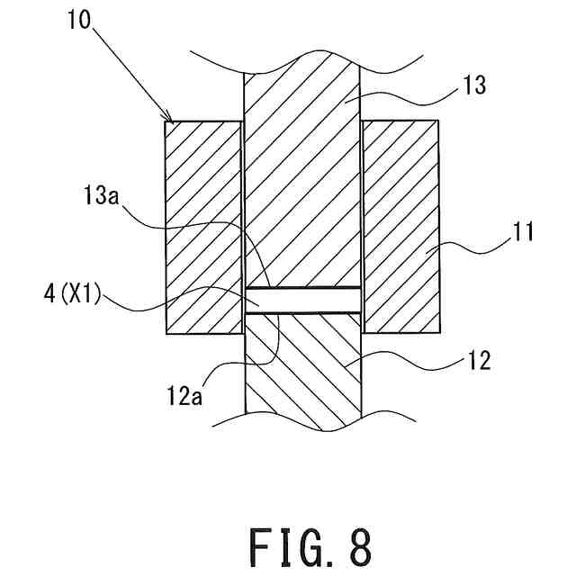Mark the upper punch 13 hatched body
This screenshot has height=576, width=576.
[x=302, y=180]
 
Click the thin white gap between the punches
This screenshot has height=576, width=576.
[x=302, y=300]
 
